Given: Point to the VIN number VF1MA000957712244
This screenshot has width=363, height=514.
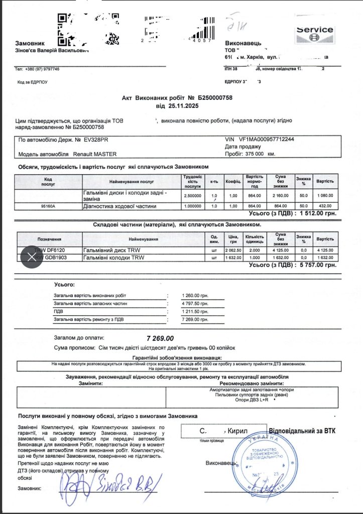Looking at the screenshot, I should click(x=267, y=139).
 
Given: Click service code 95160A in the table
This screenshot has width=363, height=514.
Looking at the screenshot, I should click(x=48, y=206).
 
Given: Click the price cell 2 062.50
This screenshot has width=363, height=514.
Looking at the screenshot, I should click(x=233, y=249).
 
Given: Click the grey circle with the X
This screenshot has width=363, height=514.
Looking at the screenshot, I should click(x=31, y=257).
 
